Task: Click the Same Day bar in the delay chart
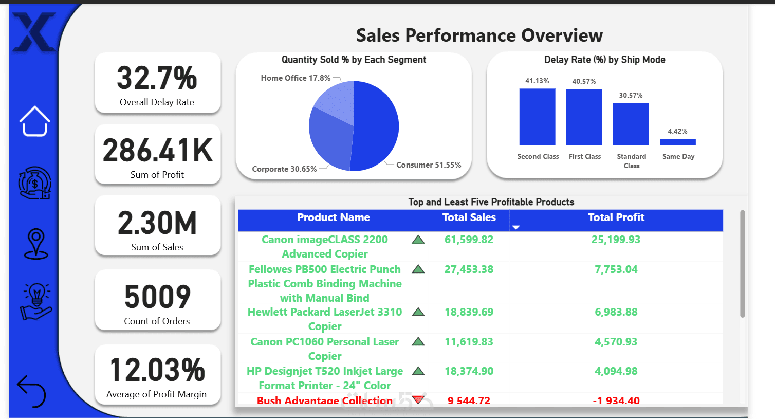click(677, 142)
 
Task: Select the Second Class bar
click(537, 117)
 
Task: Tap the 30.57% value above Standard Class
click(631, 95)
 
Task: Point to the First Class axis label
click(584, 156)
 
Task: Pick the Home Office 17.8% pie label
click(296, 78)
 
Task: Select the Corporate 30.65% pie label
click(284, 169)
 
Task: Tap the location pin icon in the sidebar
click(36, 244)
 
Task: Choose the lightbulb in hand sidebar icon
click(36, 302)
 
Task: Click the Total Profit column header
click(616, 217)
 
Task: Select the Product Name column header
click(333, 217)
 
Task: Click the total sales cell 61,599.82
click(469, 240)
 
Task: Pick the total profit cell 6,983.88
click(616, 312)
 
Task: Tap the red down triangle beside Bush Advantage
click(418, 399)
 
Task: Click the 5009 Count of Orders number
click(157, 297)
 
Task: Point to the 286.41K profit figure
click(157, 151)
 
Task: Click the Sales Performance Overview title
click(479, 35)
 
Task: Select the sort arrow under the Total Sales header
click(516, 227)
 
